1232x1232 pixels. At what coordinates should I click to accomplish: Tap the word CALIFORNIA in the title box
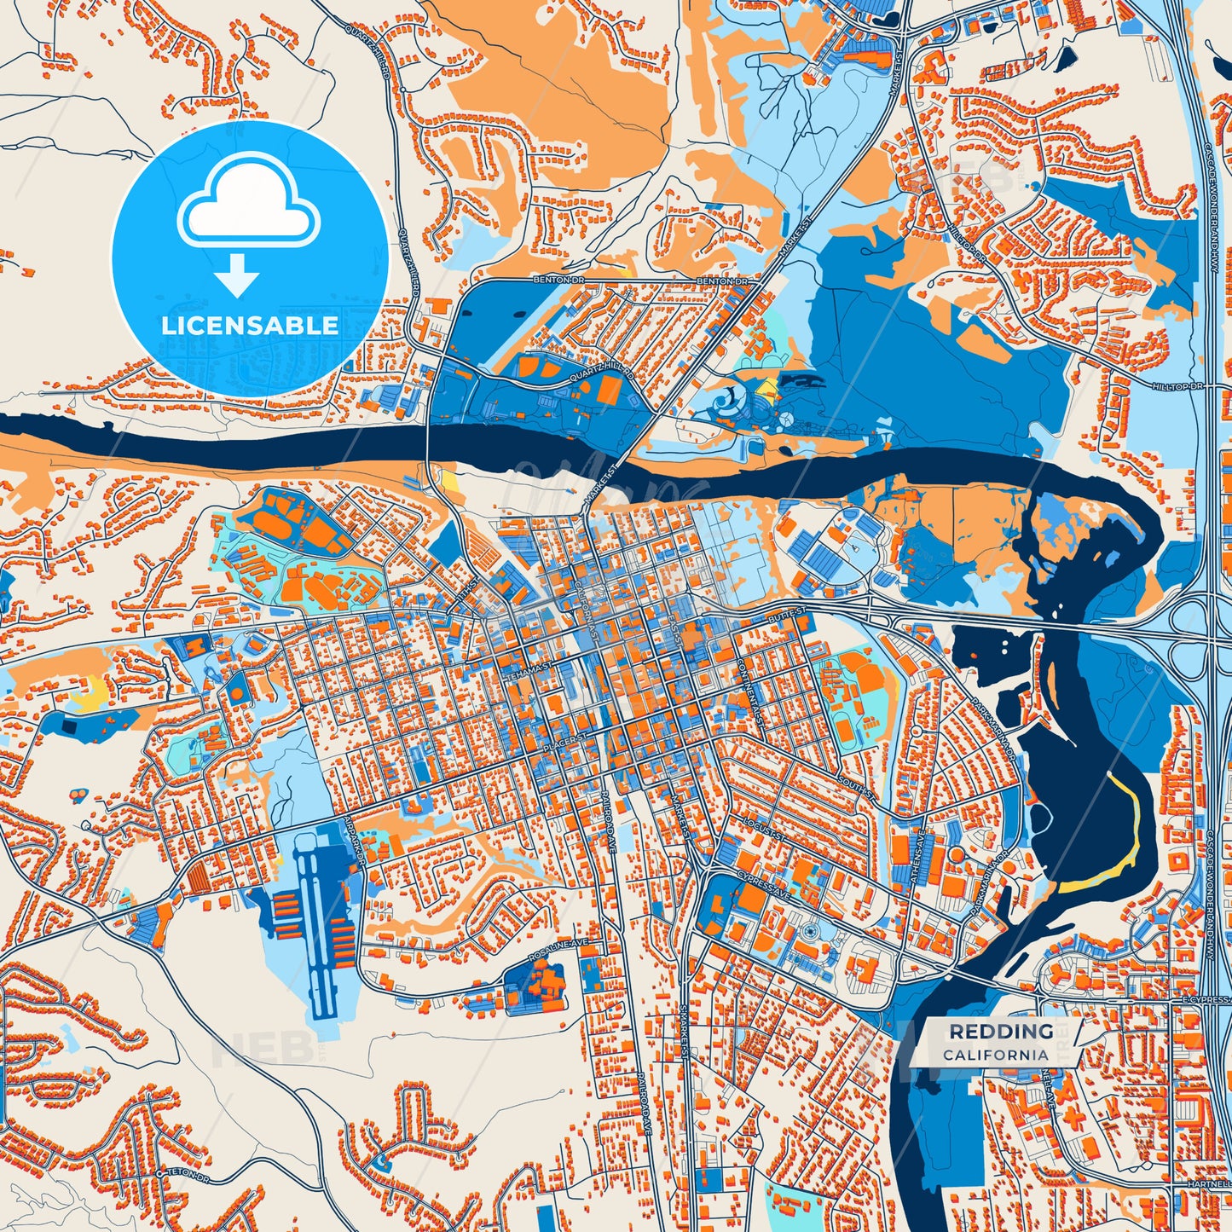click(996, 1055)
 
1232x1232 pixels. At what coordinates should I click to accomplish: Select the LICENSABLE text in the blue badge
click(250, 326)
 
